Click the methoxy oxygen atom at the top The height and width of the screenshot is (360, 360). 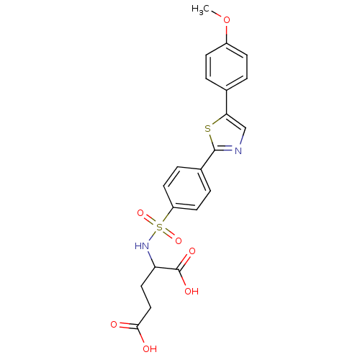228,20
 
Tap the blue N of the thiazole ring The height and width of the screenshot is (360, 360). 238,150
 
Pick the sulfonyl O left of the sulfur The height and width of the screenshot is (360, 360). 142,214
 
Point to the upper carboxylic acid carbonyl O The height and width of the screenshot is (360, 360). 192,252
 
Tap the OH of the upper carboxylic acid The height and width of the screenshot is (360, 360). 192,291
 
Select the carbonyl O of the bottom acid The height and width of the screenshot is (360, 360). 114,325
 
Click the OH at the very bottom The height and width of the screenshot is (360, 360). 150,349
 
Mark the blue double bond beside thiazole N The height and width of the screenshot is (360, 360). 228,148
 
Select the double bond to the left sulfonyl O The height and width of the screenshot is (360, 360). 150,220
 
